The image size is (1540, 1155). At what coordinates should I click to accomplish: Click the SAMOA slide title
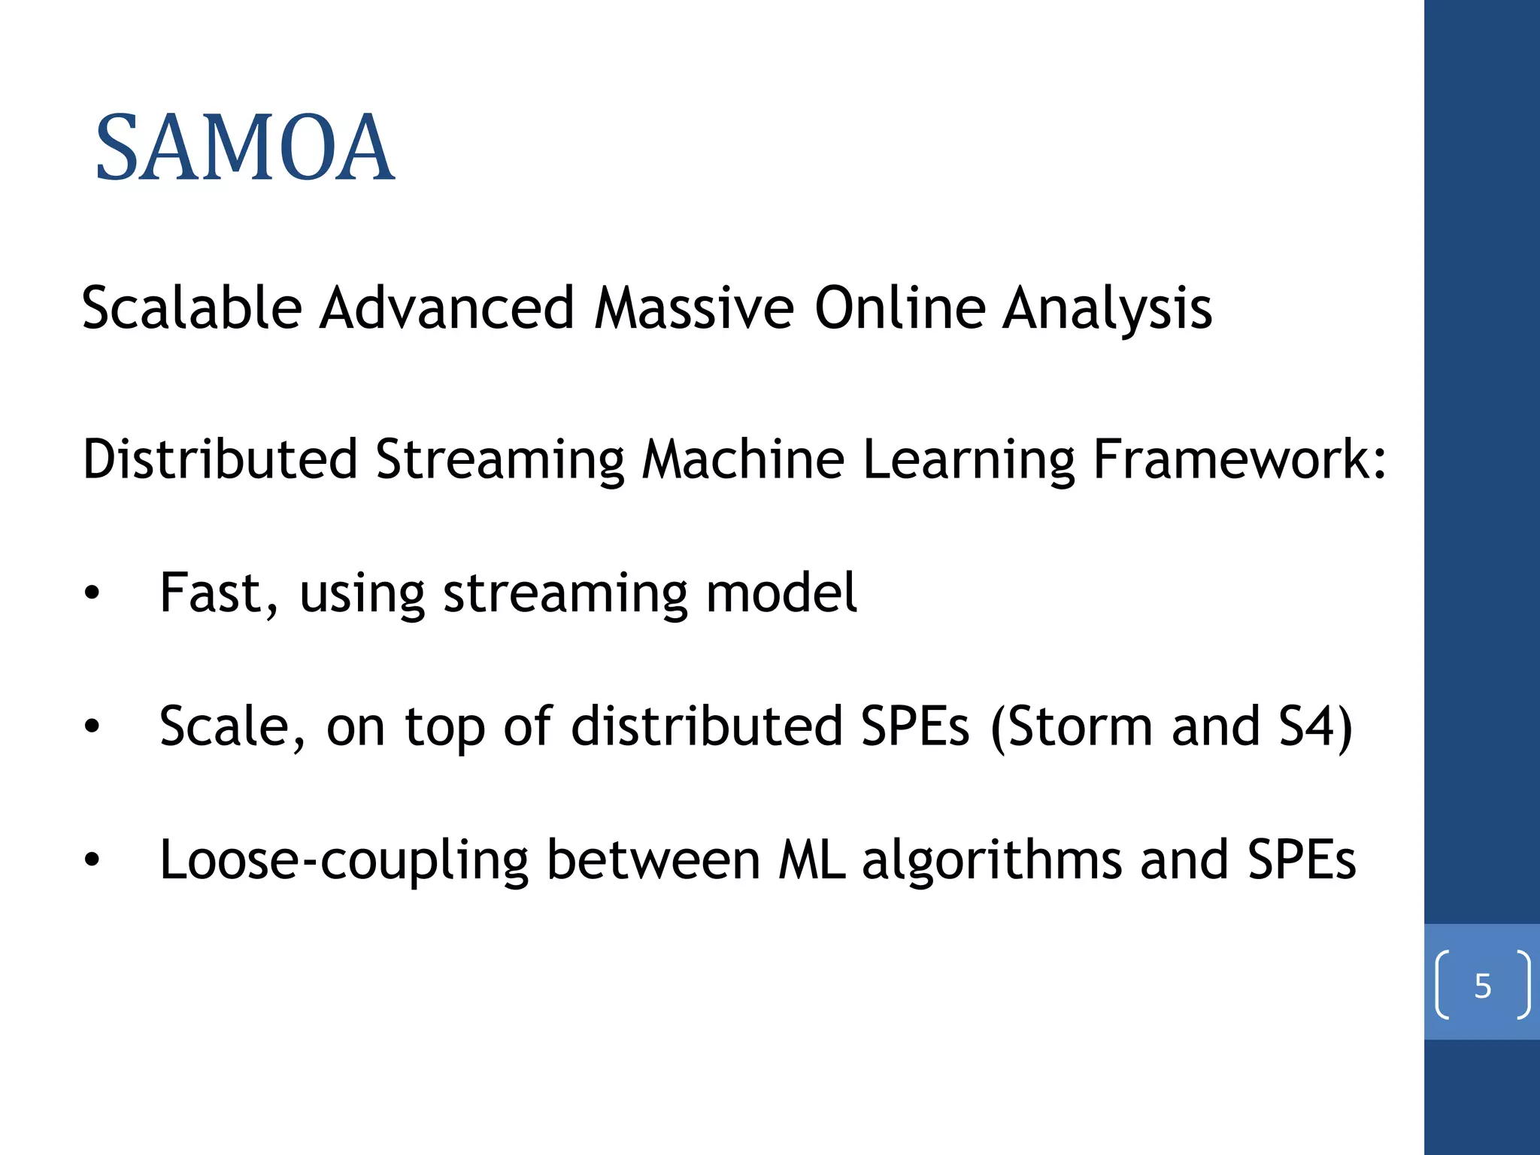pos(244,147)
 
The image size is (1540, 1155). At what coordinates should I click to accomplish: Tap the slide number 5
pos(1482,986)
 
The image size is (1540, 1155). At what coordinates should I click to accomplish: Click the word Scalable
pos(192,308)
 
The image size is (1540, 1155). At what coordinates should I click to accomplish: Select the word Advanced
pos(447,308)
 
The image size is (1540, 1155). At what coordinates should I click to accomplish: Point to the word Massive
pos(693,308)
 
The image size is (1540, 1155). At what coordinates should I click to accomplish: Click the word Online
pos(900,308)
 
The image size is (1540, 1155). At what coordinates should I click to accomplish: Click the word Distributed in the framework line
pos(220,459)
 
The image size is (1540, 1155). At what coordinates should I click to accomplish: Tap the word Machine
pos(743,459)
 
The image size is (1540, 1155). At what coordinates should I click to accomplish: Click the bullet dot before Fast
pos(92,594)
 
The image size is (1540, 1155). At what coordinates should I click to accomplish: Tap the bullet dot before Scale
pos(92,727)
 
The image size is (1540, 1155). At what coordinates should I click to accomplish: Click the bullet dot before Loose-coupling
pos(92,860)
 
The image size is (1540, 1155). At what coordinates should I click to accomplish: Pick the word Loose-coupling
pos(344,860)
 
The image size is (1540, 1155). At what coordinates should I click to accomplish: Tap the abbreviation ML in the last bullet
pos(811,860)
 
